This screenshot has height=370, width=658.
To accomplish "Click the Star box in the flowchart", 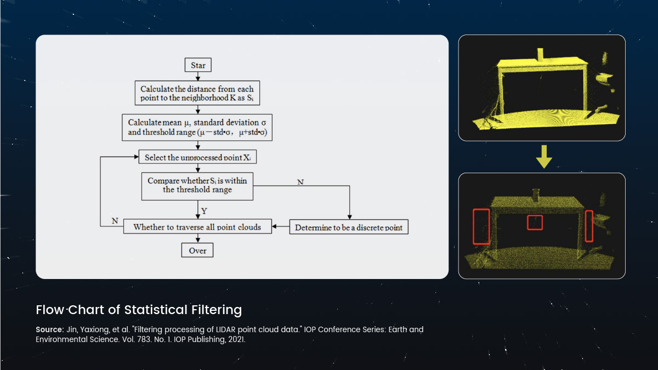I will (198, 65).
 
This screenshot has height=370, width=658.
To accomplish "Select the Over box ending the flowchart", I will (198, 250).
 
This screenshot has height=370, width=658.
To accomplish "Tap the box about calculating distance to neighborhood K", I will (197, 93).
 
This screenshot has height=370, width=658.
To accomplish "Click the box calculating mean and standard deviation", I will (197, 127).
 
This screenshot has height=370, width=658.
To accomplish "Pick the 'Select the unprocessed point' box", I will (197, 157).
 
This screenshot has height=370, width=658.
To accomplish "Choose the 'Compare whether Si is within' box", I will (197, 185).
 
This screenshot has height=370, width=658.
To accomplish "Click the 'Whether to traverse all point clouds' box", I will (197, 226).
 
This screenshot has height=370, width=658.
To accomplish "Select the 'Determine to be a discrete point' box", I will (349, 227).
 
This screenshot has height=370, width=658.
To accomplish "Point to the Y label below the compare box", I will (205, 210).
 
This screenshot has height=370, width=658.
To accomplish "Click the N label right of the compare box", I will (300, 181).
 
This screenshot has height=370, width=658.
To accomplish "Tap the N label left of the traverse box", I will (115, 220).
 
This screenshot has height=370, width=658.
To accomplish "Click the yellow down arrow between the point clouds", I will (543, 157).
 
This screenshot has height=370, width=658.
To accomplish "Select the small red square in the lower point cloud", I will (535, 223).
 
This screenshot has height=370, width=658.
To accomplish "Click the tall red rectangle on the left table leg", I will (481, 226).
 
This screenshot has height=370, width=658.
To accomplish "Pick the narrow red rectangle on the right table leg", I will (589, 225).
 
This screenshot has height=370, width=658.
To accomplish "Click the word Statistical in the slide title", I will (156, 310).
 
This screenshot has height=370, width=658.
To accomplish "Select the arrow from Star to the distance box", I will (198, 76).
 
